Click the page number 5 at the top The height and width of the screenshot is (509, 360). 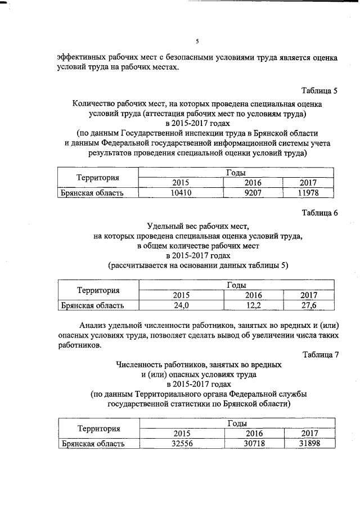pyautogui.click(x=197, y=40)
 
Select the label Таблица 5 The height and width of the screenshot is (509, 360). pyautogui.click(x=319, y=91)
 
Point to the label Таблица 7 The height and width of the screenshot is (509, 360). pyautogui.click(x=319, y=354)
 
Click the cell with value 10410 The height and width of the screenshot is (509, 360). pyautogui.click(x=181, y=193)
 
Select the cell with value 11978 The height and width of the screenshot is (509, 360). pyautogui.click(x=309, y=193)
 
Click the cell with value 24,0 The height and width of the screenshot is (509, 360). pyautogui.click(x=181, y=305)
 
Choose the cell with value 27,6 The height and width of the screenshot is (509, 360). pyautogui.click(x=309, y=305)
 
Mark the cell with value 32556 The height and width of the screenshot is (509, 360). pyautogui.click(x=181, y=444)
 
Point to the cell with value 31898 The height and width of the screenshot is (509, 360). pyautogui.click(x=309, y=444)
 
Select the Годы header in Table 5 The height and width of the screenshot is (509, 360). pyautogui.click(x=236, y=173)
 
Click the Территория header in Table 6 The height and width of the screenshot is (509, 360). pyautogui.click(x=98, y=290)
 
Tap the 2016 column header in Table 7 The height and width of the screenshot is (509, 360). pyautogui.click(x=254, y=433)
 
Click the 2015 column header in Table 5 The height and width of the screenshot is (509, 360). pyautogui.click(x=181, y=183)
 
